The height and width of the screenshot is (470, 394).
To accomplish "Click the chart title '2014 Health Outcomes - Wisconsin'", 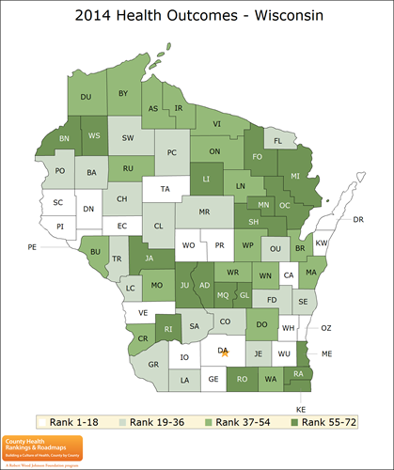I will pyautogui.click(x=197, y=16).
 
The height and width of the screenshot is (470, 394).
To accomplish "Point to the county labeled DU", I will pyautogui.click(x=85, y=97).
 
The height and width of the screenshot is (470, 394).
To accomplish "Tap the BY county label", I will pyautogui.click(x=123, y=93).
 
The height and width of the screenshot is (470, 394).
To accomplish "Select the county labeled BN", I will pyautogui.click(x=65, y=137).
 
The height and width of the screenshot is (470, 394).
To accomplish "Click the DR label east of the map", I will pyautogui.click(x=357, y=219).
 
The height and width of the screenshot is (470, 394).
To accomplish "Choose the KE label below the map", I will pyautogui.click(x=302, y=410).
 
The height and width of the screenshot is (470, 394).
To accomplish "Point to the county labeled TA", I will pyautogui.click(x=165, y=189).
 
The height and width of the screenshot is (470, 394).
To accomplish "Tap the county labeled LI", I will pyautogui.click(x=207, y=177).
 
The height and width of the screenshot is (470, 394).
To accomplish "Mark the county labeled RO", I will pyautogui.click(x=242, y=379).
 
